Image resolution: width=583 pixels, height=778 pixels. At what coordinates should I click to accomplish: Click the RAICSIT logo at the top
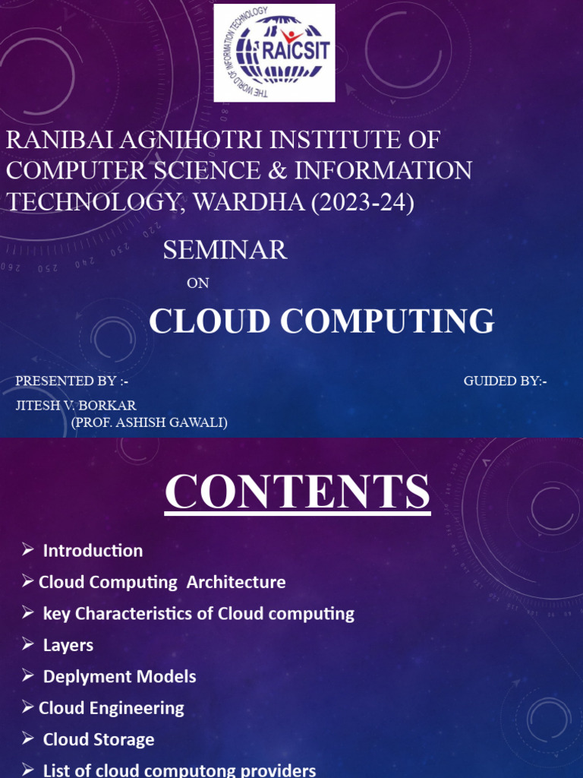pos(274,52)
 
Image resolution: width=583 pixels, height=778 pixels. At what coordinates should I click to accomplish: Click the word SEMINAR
pos(225,250)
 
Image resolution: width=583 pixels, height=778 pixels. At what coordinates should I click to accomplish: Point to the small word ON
pos(197,283)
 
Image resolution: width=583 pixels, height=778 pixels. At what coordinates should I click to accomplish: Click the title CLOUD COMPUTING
pos(321,321)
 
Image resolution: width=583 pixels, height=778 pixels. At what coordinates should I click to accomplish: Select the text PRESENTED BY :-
pos(67,381)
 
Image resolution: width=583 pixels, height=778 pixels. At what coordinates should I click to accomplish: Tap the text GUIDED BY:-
pos(505,381)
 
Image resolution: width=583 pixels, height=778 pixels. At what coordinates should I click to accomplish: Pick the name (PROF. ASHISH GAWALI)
pos(150,422)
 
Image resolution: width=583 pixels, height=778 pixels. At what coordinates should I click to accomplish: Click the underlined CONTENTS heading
pos(298,492)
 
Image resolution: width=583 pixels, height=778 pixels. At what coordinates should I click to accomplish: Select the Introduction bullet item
pos(93,551)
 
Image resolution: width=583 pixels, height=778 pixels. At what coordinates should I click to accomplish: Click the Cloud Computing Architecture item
pos(162,583)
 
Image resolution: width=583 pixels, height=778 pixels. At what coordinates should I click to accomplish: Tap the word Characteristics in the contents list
pos(144,614)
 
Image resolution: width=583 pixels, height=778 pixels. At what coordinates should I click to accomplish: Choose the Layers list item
pos(68,645)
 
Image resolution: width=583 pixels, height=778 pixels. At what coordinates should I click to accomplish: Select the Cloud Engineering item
pos(111,708)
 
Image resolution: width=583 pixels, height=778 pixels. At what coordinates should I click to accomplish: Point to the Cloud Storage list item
pos(99,739)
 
